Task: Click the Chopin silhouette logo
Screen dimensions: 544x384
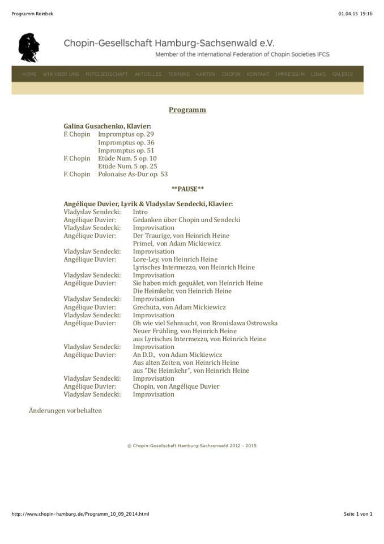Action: point(29,47)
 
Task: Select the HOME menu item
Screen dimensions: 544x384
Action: point(29,74)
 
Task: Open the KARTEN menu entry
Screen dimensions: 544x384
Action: point(206,74)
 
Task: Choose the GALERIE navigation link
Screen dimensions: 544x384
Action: point(343,74)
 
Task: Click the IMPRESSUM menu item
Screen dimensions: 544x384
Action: point(290,74)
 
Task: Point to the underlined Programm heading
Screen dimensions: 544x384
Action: point(187,110)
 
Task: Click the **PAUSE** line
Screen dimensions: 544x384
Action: point(187,189)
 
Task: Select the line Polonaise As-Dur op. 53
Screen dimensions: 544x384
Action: point(133,175)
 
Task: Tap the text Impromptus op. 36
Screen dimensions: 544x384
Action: point(126,143)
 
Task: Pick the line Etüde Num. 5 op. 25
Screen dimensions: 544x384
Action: point(127,167)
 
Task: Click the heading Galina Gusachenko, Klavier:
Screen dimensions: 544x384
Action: point(108,126)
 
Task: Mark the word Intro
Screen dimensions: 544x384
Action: point(140,212)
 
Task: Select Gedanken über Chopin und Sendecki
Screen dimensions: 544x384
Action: point(186,220)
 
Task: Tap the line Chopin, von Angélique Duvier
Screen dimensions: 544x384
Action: point(176,386)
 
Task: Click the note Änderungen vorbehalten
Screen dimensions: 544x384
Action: point(65,410)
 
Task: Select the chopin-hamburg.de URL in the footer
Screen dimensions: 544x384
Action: point(80,514)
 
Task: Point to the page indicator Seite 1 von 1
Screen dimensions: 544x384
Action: point(358,514)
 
